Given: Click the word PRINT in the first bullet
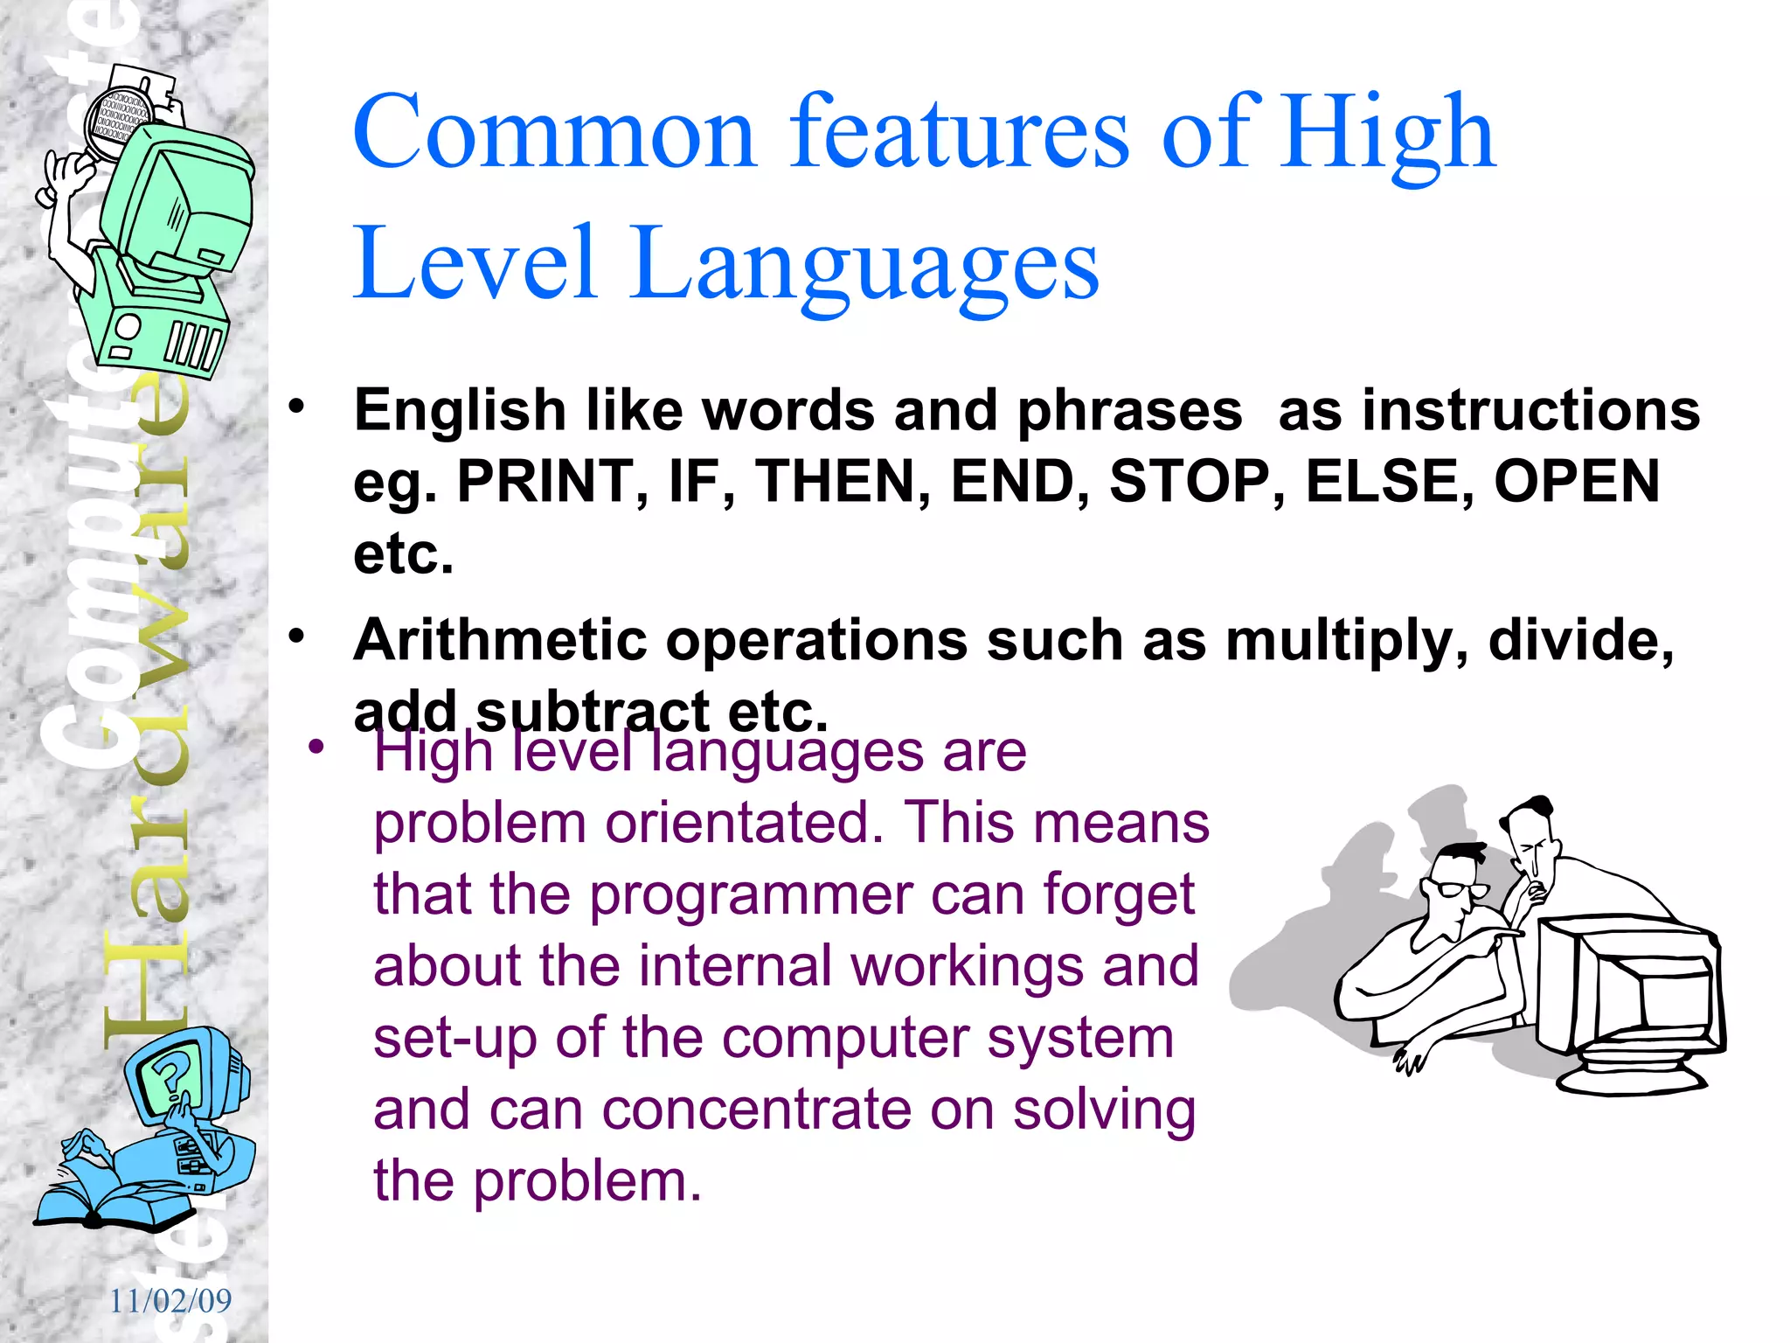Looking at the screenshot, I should point(545,482).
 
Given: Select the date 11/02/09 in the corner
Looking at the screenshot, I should point(170,1301).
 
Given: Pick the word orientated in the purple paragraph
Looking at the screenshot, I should point(744,823).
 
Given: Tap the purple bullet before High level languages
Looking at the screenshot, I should point(316,747).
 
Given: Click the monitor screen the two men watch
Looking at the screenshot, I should point(1648,992).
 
